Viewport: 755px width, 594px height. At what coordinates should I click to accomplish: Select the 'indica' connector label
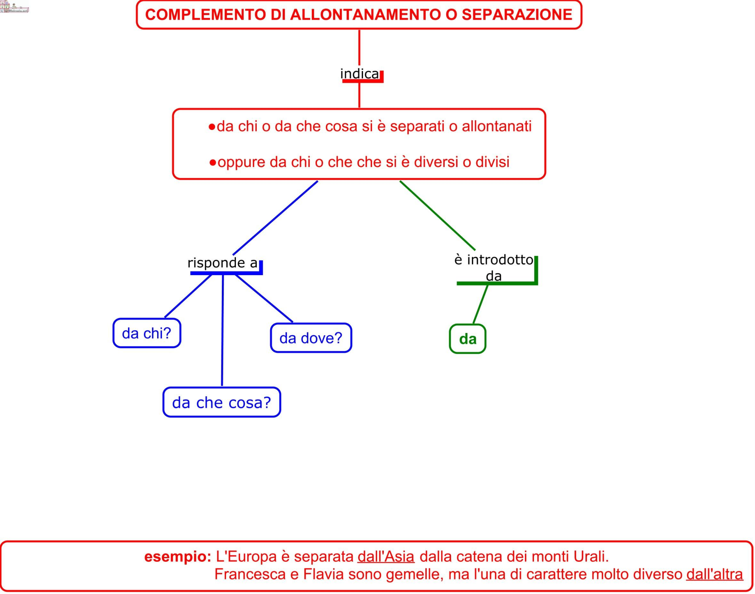[359, 74]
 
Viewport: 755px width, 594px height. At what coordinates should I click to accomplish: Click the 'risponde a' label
[222, 263]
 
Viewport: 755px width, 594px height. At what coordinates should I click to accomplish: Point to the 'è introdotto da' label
[493, 267]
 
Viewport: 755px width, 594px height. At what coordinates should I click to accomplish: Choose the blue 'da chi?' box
[147, 333]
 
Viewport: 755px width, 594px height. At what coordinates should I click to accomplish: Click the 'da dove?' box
[311, 338]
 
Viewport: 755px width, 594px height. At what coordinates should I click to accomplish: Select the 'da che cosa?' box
[221, 402]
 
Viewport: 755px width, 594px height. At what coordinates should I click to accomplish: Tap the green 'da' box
[467, 339]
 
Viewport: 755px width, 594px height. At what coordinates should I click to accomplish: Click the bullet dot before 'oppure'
[213, 163]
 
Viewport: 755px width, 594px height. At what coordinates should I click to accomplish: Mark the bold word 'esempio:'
[178, 557]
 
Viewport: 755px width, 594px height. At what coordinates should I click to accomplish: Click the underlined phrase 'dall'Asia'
[386, 557]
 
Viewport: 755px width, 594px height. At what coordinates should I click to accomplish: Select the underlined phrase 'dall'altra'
[714, 574]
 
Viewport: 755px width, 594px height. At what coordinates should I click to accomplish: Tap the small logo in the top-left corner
[14, 7]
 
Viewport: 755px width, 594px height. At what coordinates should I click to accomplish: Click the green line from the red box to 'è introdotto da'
[437, 216]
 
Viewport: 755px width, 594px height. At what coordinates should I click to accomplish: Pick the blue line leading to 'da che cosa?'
[222, 330]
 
